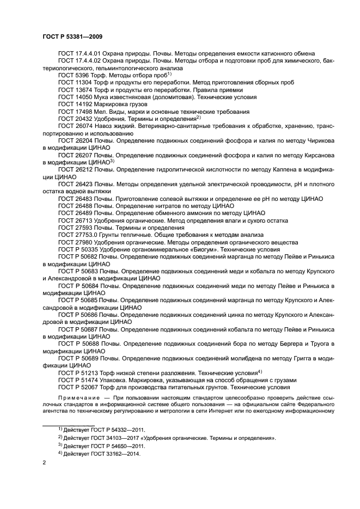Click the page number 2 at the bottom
(x=45, y=463)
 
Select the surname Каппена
(x=280, y=169)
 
